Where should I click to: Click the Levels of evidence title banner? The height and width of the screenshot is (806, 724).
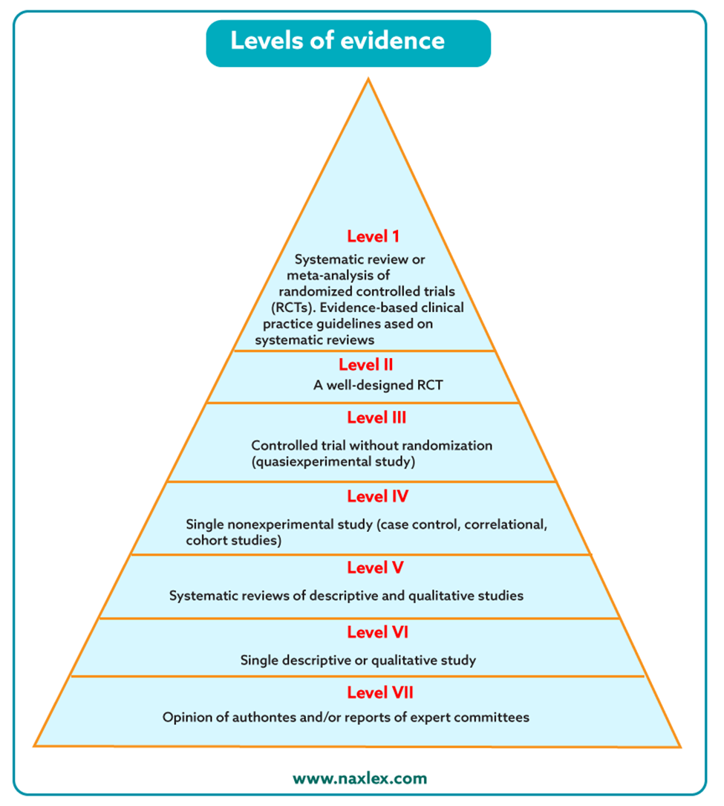[x=348, y=42]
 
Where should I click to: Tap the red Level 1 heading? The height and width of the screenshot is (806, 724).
[x=374, y=236]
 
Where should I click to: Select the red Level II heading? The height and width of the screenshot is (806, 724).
[x=365, y=365]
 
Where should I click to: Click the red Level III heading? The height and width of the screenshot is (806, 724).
[x=376, y=417]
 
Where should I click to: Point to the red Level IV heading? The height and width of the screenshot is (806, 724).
[x=377, y=495]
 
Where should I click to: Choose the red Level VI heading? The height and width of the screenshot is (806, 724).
[x=377, y=632]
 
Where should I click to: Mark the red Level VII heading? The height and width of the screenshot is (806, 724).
[x=380, y=692]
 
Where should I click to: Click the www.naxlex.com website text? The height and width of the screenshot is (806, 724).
[x=360, y=779]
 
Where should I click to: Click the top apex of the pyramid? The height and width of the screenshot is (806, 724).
[x=368, y=79]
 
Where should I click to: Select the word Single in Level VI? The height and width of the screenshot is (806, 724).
[x=258, y=660]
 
